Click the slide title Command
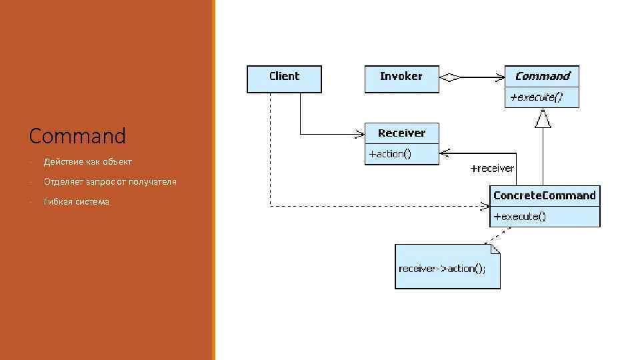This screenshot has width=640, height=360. [77, 136]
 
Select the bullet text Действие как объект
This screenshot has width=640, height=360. [87, 162]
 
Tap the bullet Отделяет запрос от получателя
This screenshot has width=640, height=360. [110, 182]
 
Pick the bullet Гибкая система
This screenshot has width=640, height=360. [76, 202]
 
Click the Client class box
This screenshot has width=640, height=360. [284, 79]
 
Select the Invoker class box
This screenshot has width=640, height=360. [401, 79]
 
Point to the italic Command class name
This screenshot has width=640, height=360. [542, 76]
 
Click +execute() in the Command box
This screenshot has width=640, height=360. [536, 97]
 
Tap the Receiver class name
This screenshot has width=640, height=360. [401, 133]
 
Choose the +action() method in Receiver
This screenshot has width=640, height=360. [391, 154]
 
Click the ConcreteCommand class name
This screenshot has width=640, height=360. [544, 195]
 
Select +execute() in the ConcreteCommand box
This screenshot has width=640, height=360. [519, 217]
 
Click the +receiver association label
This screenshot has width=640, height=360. [492, 169]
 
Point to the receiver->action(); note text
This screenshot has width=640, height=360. [442, 269]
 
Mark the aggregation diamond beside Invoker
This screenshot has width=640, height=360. [451, 78]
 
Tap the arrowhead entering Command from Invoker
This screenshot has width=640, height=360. [499, 78]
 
